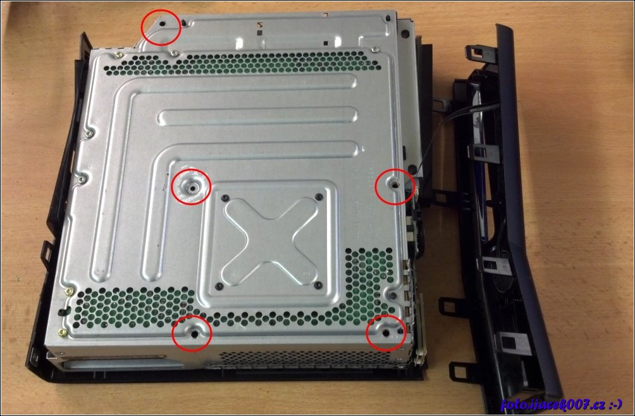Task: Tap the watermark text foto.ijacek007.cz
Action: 553,404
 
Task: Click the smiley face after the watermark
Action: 615,404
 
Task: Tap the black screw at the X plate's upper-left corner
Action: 225,198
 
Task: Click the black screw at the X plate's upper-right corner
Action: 319,197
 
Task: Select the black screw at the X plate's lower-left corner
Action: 219,286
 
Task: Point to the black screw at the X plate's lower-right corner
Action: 318,286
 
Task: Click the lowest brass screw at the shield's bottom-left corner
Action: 62,333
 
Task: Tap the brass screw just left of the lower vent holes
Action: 69,291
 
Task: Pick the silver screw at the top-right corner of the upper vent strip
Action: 374,49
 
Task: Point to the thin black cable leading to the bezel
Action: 453,122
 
